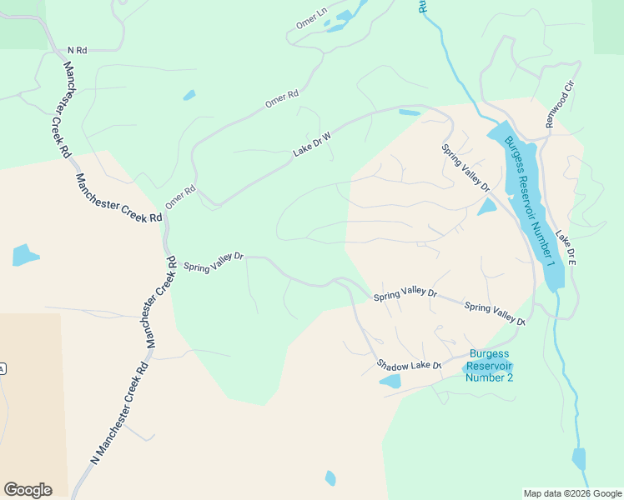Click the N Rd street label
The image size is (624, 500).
pyautogui.click(x=77, y=50)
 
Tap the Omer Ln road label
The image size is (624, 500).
pyautogui.click(x=311, y=19)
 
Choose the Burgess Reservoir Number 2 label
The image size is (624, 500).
pyautogui.click(x=490, y=366)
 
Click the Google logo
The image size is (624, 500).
pyautogui.click(x=28, y=489)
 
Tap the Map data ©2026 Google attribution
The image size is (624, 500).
pyautogui.click(x=571, y=493)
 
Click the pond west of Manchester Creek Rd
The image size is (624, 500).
pyautogui.click(x=24, y=254)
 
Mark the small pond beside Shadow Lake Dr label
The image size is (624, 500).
pyautogui.click(x=390, y=382)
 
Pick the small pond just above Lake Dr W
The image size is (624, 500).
pyautogui.click(x=410, y=112)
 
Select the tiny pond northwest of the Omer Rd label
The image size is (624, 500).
pyautogui.click(x=189, y=95)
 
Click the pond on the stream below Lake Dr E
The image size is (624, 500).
pyautogui.click(x=578, y=458)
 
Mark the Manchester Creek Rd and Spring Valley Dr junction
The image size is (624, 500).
pyautogui.click(x=171, y=262)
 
